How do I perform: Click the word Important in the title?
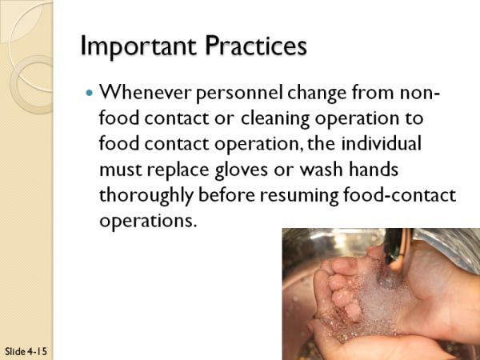[x=138, y=46]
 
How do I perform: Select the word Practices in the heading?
[x=256, y=46]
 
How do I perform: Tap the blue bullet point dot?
[x=89, y=93]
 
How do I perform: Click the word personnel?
[x=239, y=93]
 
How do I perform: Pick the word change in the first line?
[x=317, y=93]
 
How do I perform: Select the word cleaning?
[x=275, y=118]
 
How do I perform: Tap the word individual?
[x=381, y=143]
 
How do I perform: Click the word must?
[x=121, y=170]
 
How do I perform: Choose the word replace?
[x=178, y=170]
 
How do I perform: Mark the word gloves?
[x=241, y=170]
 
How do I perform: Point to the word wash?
[x=321, y=169]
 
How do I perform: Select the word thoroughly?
[x=146, y=196]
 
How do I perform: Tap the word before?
[x=226, y=194]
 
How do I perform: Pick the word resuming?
[x=299, y=196]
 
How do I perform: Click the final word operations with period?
[x=147, y=221]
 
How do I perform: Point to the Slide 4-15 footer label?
[x=26, y=351]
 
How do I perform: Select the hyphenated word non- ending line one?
[x=420, y=93]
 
